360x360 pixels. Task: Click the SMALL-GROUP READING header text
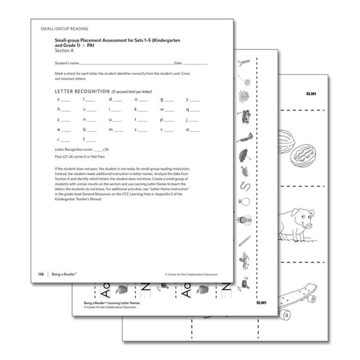pos(64,29)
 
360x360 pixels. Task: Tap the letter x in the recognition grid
pos(58,99)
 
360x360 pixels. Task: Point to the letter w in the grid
pos(161,109)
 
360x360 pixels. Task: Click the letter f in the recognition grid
pos(84,139)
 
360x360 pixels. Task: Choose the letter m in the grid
pos(111,129)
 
